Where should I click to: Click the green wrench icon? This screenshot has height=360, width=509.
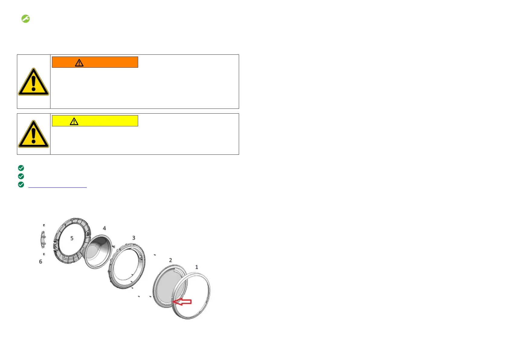(x=25, y=19)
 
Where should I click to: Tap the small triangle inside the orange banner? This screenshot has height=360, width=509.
(x=79, y=63)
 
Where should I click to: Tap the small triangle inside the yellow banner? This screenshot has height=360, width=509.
(x=74, y=122)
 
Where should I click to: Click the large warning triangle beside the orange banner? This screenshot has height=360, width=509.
(x=34, y=82)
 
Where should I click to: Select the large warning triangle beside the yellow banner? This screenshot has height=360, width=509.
(x=34, y=134)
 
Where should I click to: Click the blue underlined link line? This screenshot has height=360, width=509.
(x=57, y=187)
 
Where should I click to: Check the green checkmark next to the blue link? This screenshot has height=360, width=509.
(x=21, y=185)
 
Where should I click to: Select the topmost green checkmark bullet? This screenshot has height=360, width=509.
(x=21, y=168)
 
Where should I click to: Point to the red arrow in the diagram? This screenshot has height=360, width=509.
(x=182, y=302)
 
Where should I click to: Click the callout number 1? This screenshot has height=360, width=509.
(x=196, y=267)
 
